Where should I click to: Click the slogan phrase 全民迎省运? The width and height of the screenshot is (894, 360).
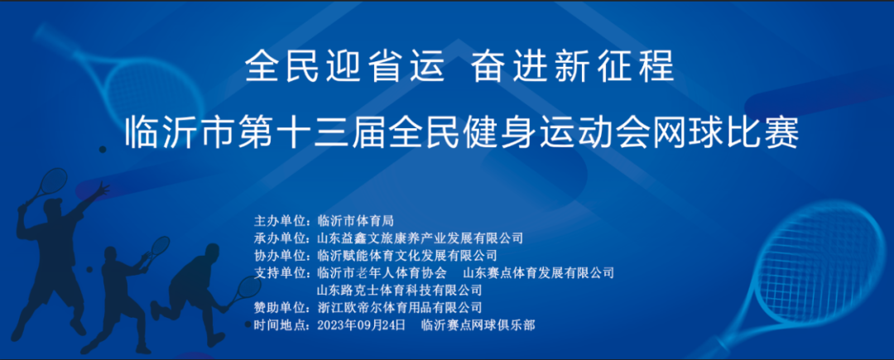tap(344, 66)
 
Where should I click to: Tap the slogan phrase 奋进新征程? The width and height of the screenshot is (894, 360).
tap(573, 66)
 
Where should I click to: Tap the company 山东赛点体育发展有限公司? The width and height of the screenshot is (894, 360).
tap(540, 272)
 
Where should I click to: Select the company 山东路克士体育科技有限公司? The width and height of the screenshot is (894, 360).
tap(400, 290)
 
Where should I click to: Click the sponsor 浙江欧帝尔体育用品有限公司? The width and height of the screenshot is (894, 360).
tap(400, 308)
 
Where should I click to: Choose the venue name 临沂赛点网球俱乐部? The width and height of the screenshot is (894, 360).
tap(478, 325)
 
